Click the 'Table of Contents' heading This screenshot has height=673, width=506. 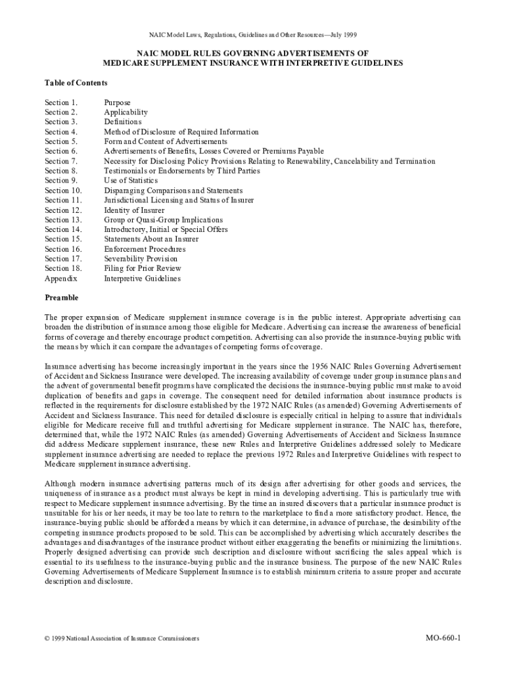pyautogui.click(x=76, y=83)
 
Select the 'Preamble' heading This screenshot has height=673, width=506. pyautogui.click(x=61, y=297)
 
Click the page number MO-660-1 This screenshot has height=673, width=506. pyautogui.click(x=444, y=638)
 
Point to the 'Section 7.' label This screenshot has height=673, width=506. pyautogui.click(x=61, y=161)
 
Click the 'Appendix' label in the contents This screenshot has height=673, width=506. pyautogui.click(x=61, y=279)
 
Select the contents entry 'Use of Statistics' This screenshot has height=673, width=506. pyautogui.click(x=131, y=181)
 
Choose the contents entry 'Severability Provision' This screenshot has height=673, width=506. pyautogui.click(x=141, y=259)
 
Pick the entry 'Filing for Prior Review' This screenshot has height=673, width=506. pyautogui.click(x=143, y=269)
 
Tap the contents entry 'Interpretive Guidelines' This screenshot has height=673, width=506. pyautogui.click(x=142, y=279)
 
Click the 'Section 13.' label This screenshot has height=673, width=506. pyautogui.click(x=63, y=220)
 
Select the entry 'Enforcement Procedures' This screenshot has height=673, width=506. pyautogui.click(x=145, y=249)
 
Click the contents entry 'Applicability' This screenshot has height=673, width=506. pyautogui.click(x=126, y=112)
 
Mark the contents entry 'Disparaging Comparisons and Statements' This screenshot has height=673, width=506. pyautogui.click(x=172, y=191)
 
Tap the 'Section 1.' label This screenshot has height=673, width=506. pyautogui.click(x=61, y=103)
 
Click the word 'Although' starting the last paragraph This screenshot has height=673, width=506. pyautogui.click(x=60, y=483)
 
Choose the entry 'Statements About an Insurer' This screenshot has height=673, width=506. pyautogui.click(x=151, y=239)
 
